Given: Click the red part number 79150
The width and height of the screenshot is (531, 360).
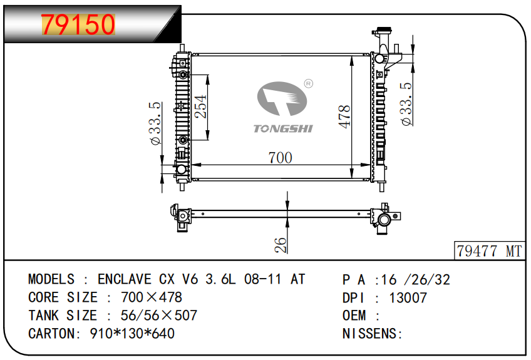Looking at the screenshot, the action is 78,24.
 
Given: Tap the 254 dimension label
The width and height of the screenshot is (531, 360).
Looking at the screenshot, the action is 200,106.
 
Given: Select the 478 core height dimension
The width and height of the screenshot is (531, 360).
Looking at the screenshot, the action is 344,116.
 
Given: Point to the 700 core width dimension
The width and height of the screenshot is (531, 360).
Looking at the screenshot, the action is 280,158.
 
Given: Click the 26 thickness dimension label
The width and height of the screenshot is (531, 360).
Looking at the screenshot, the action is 281,245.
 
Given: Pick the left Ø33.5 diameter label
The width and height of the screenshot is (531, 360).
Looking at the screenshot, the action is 155,123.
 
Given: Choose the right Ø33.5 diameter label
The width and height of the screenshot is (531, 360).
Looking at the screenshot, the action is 406,105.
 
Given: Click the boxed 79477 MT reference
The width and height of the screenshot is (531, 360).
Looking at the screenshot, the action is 489,251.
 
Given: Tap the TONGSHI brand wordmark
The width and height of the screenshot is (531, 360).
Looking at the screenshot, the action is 283,129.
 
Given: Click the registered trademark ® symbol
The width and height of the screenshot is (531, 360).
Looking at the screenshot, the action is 309,83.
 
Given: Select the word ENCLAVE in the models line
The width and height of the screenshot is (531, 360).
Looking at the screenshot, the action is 125,279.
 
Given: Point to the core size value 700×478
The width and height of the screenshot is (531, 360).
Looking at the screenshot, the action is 152,297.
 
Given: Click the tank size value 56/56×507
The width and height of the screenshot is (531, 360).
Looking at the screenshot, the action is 159,316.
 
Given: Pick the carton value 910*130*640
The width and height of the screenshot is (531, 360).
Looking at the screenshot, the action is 132,334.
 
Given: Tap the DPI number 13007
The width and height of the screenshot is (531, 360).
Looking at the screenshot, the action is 408,298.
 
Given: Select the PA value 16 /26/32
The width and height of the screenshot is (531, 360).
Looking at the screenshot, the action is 416,280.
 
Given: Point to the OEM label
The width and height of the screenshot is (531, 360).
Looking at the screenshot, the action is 354,316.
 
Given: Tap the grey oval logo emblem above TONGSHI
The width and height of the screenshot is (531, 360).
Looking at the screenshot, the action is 282,98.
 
